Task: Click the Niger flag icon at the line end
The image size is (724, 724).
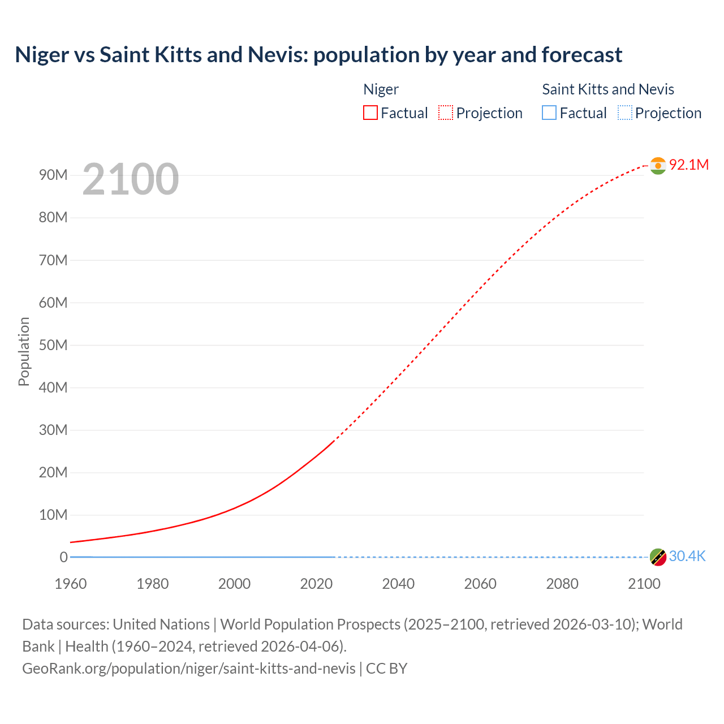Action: click(x=658, y=165)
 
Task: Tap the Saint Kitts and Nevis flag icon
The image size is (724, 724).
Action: click(x=658, y=557)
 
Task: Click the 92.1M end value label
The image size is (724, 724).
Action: click(x=688, y=165)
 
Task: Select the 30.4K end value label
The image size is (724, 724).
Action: click(x=687, y=557)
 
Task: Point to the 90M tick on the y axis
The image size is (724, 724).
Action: click(x=53, y=175)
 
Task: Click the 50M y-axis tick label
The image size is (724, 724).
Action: click(x=53, y=345)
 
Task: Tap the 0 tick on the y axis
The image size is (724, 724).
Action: click(x=63, y=557)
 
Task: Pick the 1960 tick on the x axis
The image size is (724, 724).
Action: click(x=71, y=584)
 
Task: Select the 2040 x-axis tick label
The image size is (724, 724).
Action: click(x=398, y=584)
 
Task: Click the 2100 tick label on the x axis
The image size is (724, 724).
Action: click(x=644, y=584)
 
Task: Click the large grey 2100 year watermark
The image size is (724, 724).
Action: click(x=131, y=179)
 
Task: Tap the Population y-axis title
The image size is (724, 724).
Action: click(x=24, y=351)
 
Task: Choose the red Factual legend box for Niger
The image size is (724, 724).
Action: click(x=370, y=113)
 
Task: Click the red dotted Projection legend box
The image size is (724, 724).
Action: click(x=445, y=113)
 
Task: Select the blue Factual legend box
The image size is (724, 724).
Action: click(x=549, y=113)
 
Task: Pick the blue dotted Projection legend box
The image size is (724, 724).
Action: click(x=624, y=113)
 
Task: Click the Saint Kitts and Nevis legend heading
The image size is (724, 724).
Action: click(x=608, y=89)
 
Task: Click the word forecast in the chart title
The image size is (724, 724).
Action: click(x=582, y=55)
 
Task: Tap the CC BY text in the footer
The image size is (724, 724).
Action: click(x=386, y=669)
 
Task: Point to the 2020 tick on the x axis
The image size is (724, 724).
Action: click(x=316, y=584)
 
